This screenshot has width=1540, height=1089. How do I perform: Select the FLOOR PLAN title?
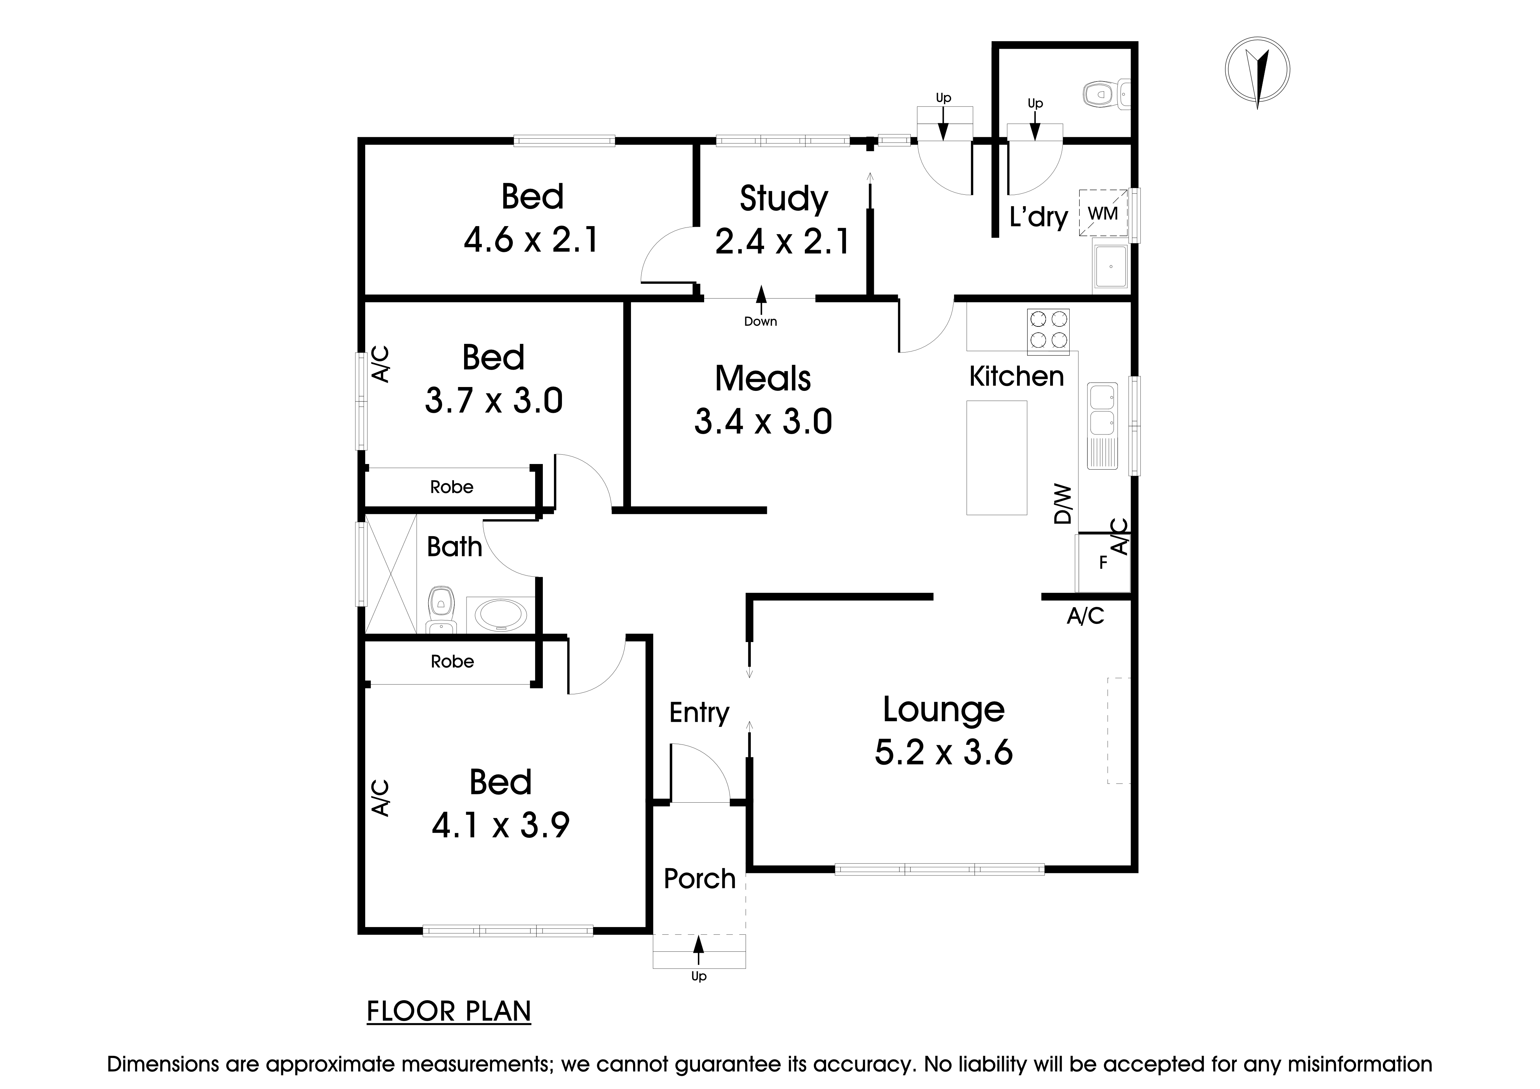click(449, 1011)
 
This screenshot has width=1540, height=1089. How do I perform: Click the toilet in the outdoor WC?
click(1100, 94)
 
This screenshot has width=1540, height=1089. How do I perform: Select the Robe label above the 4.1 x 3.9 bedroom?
click(452, 662)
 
